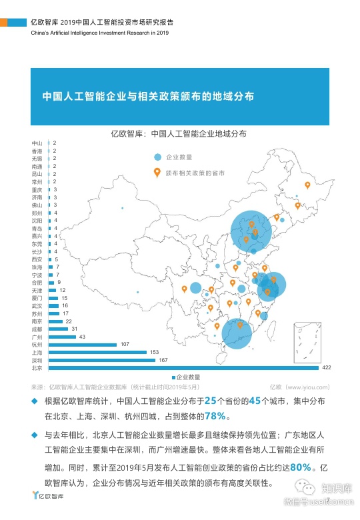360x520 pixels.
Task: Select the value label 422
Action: coord(327,367)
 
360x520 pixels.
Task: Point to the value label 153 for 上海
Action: coord(154,352)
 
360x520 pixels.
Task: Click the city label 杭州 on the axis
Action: coord(37,344)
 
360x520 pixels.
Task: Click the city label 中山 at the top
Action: coord(37,143)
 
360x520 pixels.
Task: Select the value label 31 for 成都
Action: coord(75,329)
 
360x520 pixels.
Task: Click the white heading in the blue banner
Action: coord(148,96)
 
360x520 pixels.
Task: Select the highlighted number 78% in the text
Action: coord(215,416)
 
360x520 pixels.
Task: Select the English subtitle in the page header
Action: coord(100,32)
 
